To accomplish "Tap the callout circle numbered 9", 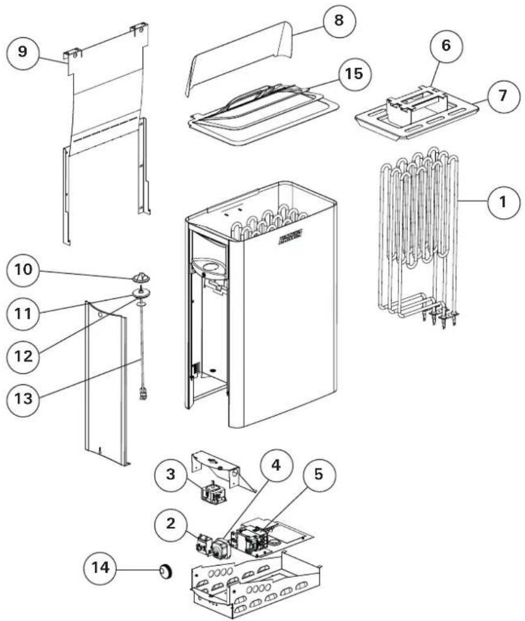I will pyautogui.click(x=22, y=51).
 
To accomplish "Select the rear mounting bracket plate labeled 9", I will pyautogui.click(x=105, y=121).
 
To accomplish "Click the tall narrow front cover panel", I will pyautogui.click(x=105, y=386).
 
